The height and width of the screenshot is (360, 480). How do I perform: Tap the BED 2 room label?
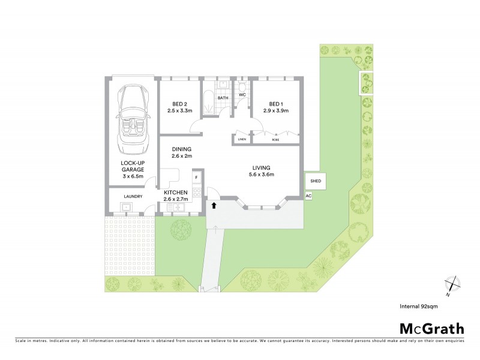click(x=178, y=107)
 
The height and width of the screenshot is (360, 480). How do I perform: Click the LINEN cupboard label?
click(x=242, y=140)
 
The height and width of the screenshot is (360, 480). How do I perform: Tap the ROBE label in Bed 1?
click(x=275, y=140)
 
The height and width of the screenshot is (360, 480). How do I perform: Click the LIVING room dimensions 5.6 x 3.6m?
click(x=262, y=175)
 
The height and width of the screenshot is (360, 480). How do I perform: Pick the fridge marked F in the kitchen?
click(x=196, y=178)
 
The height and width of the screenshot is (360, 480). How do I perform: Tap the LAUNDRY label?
click(x=132, y=196)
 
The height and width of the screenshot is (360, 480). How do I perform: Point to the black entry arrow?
click(x=214, y=206)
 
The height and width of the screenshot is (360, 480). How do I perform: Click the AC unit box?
click(x=308, y=196)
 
